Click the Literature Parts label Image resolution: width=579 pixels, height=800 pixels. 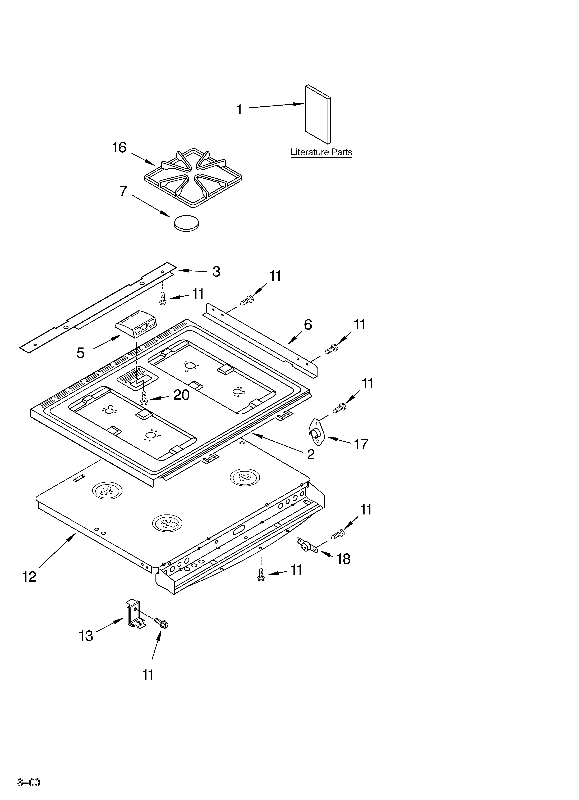321,152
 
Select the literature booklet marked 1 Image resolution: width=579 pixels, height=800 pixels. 317,115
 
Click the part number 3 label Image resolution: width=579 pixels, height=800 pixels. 216,272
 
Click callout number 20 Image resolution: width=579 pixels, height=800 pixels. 181,395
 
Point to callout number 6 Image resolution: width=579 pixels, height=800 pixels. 308,324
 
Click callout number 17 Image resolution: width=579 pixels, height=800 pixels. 361,444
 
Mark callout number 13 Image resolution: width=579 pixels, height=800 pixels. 86,636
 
